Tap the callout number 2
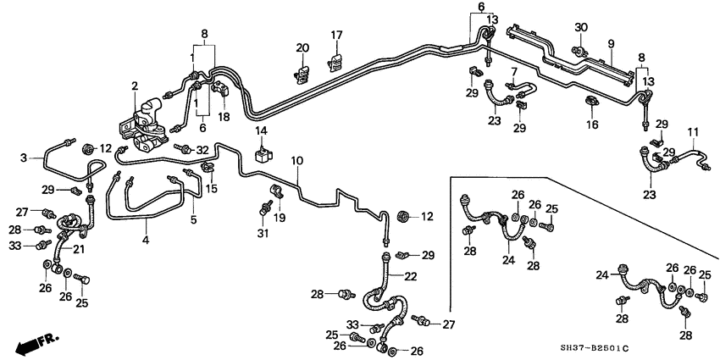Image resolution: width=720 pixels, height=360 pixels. [x=134, y=86]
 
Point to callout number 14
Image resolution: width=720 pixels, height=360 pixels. [x=262, y=131]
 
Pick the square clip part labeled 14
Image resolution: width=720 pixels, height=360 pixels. [x=263, y=155]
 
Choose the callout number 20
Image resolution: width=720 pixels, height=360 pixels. [x=303, y=47]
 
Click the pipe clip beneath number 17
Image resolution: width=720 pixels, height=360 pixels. [x=336, y=62]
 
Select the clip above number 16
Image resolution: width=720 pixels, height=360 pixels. [x=591, y=103]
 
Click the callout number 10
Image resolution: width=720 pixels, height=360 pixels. [x=296, y=160]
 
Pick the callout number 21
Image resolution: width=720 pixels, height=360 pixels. [x=79, y=249]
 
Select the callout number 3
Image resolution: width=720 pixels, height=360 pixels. [x=25, y=158]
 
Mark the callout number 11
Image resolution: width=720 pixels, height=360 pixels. [x=693, y=132]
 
